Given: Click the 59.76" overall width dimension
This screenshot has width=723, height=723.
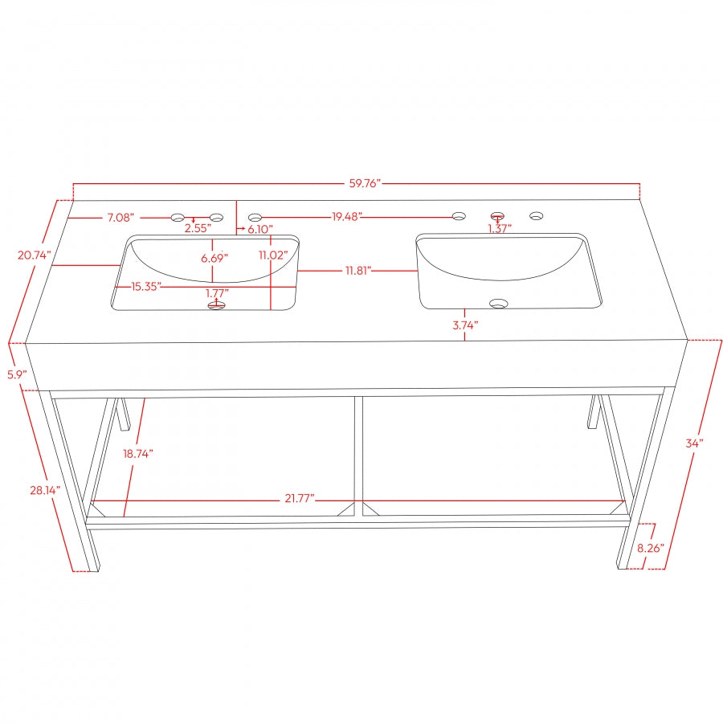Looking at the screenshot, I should pos(364,183).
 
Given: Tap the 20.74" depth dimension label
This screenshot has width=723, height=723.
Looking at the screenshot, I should pos(35,255).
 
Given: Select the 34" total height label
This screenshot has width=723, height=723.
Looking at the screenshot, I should pos(695,443).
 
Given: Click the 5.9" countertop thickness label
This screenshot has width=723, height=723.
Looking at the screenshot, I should pos(17,374).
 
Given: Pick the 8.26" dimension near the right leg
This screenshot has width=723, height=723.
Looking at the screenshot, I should pos(652,548).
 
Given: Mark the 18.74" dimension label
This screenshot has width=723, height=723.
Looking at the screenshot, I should pos(137,453).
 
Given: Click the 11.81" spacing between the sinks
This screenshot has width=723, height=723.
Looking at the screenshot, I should pos(357,271).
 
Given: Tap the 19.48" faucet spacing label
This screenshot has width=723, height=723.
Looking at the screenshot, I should pos(347,216).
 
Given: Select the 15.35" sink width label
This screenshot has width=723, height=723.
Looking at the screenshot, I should pos(147,286).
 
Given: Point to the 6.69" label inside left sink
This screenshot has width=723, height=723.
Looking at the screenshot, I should pos(213,258).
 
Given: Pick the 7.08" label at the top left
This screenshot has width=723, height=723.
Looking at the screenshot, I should pos(123,218).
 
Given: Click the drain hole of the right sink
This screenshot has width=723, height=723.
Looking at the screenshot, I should pos(499,304).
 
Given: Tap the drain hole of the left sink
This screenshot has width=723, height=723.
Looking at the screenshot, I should pos(216,306).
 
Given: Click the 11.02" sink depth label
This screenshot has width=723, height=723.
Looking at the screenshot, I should pos(272,255).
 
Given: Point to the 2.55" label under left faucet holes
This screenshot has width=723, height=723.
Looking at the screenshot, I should pos(198,228).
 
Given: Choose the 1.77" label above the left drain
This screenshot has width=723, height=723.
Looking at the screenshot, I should pos(217,293).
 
